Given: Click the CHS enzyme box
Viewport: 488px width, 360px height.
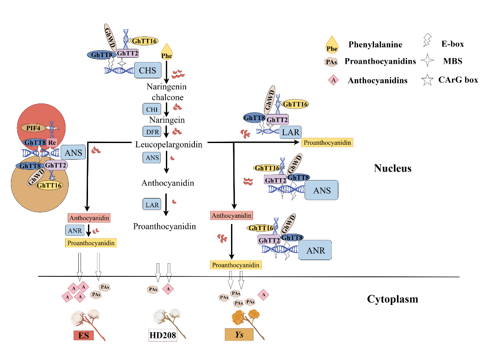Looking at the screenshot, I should pos(148,70).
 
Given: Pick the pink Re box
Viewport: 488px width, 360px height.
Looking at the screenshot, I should pos(52,143).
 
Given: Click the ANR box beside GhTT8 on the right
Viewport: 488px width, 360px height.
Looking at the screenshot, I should pos(315,250).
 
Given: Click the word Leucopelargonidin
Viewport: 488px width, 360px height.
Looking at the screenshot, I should pos(168,143).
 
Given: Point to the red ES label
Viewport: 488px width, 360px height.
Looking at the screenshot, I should pos(84,335).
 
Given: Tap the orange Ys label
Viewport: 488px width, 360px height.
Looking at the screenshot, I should pos(239,335).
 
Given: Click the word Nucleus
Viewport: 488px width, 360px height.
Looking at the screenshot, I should pos(393,168).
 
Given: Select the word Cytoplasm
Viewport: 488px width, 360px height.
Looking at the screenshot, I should pos(393,300).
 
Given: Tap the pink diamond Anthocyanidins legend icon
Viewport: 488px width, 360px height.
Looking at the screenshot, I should pos(334,80).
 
